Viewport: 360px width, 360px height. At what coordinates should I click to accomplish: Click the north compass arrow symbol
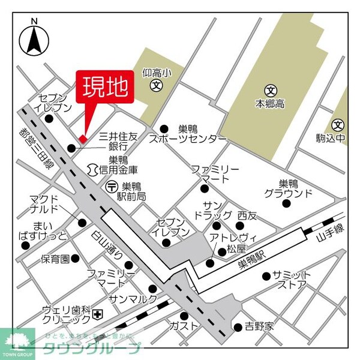click(x=34, y=40)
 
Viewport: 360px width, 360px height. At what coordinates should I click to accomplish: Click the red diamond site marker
click(x=83, y=139)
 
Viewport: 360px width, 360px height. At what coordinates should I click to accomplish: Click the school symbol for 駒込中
click(x=339, y=125)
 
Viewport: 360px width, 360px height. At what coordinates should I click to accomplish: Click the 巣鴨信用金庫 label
click(x=118, y=165)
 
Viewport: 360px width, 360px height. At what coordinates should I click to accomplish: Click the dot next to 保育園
click(x=75, y=259)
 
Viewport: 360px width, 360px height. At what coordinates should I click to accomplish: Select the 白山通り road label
click(x=108, y=244)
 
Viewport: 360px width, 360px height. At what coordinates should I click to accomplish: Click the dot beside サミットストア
click(x=266, y=277)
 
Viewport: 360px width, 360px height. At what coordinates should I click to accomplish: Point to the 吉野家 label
click(x=259, y=327)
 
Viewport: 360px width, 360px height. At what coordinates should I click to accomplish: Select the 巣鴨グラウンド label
click(x=288, y=188)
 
